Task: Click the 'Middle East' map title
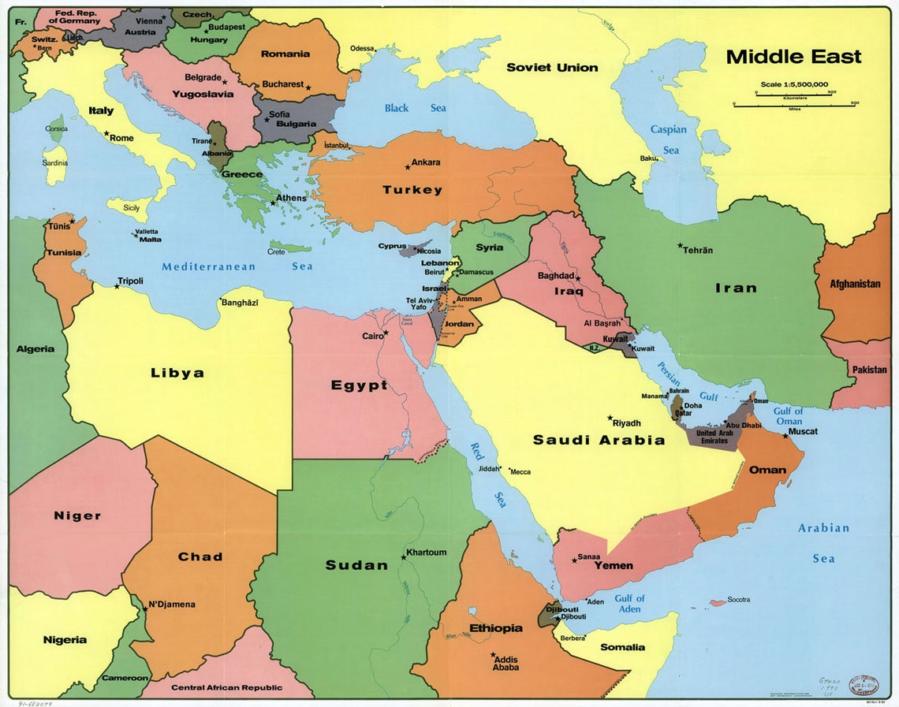click(793, 57)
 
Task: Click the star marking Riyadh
click(610, 419)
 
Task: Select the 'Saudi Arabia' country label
click(599, 440)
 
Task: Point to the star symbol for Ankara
click(408, 167)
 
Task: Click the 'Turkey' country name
click(412, 190)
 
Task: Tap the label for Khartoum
click(426, 553)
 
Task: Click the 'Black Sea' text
click(415, 108)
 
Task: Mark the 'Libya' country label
click(177, 373)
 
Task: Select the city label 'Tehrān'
click(698, 250)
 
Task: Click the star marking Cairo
click(386, 333)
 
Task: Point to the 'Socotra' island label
click(739, 600)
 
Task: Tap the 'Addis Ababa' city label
click(505, 663)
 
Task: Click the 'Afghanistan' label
click(855, 284)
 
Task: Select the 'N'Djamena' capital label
click(172, 605)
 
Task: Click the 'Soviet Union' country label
click(552, 68)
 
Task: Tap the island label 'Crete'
click(276, 252)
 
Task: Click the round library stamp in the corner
click(864, 685)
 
